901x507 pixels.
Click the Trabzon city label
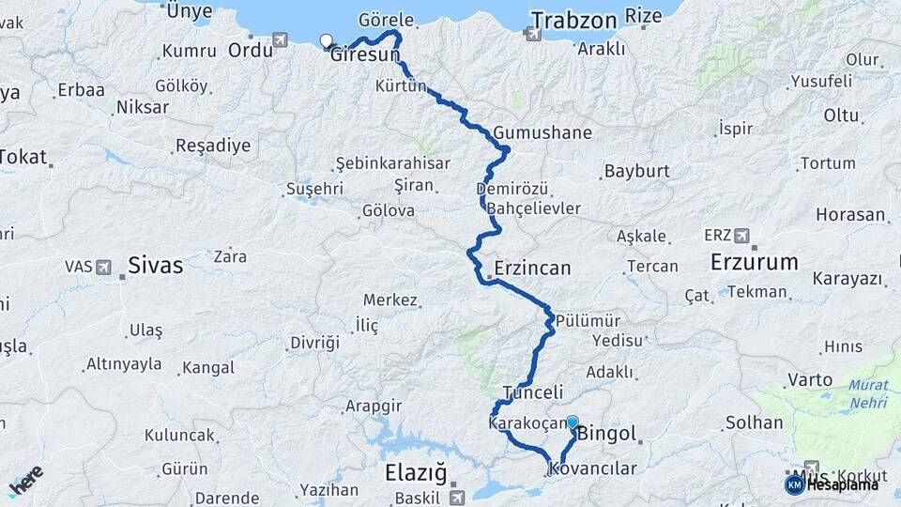pos(573,21)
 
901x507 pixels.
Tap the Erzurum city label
pos(754,262)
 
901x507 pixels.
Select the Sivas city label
pos(156,265)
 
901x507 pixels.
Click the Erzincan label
pos(532,269)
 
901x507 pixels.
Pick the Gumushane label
pos(542,132)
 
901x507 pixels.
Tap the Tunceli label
pos(532,392)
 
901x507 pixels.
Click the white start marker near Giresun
pos(326,40)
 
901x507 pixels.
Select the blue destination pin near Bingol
pos(572,423)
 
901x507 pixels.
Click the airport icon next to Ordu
pos(280,39)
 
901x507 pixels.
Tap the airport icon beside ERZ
pos(741,235)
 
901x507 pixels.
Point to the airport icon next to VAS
pos(105,267)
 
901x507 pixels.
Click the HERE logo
pos(25,481)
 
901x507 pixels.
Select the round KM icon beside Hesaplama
pos(794,484)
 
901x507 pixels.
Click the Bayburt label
pos(636,172)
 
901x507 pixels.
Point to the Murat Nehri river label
pos(868,392)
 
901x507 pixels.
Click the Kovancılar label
pos(593,469)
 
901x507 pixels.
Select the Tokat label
pos(23,157)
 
